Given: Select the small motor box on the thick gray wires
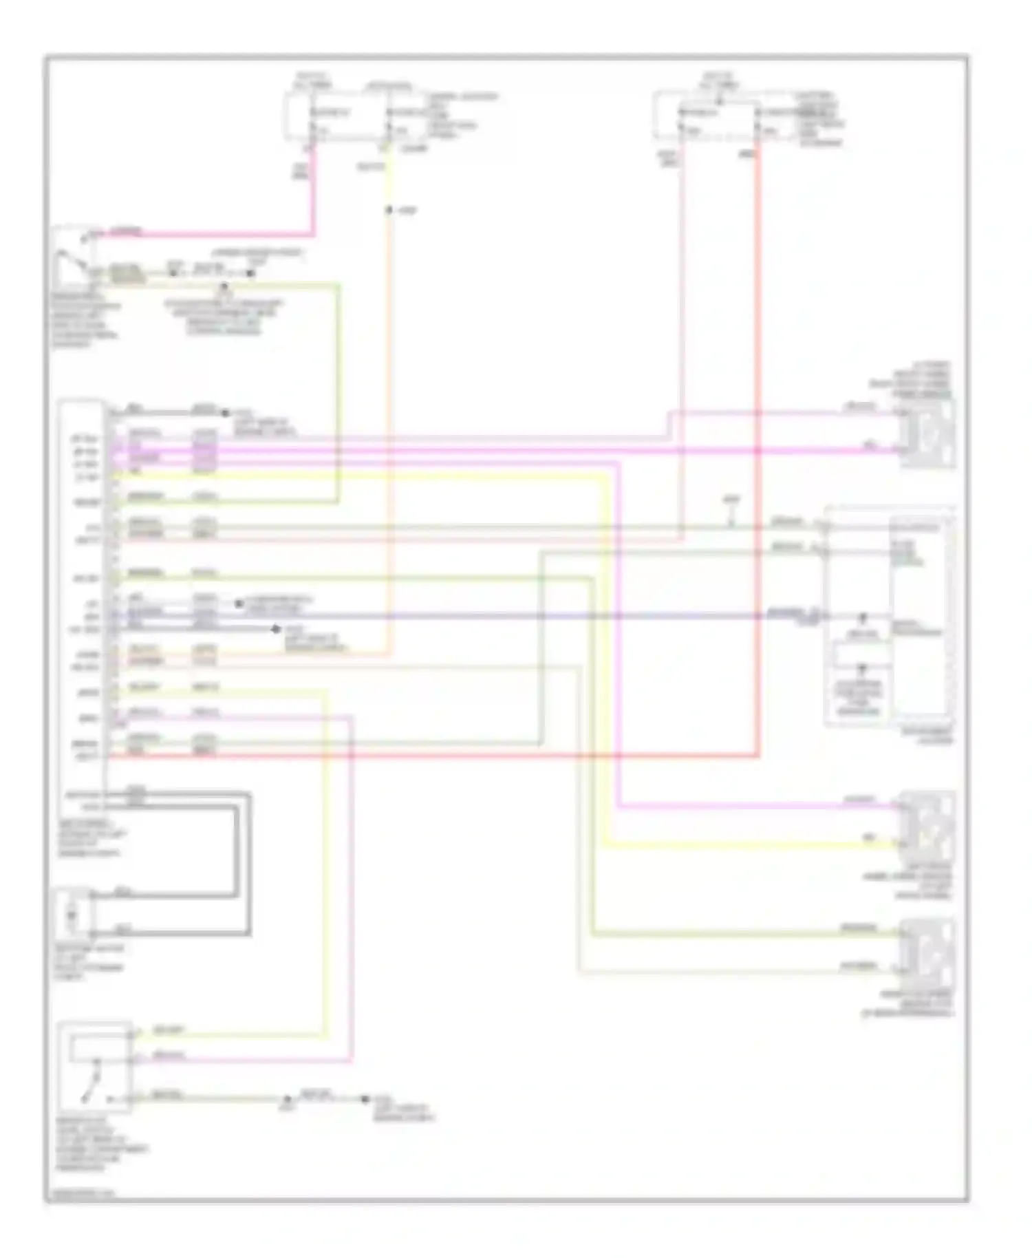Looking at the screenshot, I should (x=74, y=915).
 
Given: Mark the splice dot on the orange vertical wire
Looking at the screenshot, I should (x=389, y=211).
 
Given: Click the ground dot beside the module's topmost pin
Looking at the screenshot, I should (x=225, y=413).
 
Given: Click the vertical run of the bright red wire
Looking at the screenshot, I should (x=758, y=447).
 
